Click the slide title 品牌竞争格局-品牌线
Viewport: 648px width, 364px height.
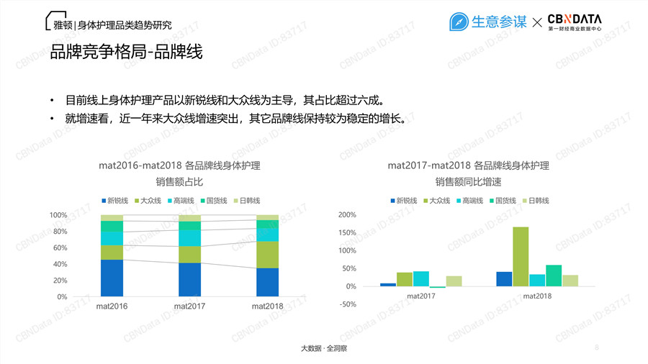[x=125, y=53]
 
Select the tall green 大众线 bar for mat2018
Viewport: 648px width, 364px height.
[x=521, y=256]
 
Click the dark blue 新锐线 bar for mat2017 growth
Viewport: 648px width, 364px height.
[x=388, y=285]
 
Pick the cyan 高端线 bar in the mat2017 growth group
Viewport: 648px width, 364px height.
[x=421, y=278]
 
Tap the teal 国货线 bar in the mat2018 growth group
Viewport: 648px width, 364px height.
[x=554, y=276]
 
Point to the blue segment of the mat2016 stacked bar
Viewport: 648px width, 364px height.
[x=112, y=278]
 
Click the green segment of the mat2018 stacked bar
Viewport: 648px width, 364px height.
[x=267, y=255]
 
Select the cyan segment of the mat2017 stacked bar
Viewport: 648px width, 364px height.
[x=189, y=238]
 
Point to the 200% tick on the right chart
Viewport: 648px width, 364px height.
[x=347, y=214]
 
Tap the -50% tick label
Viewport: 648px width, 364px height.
[x=348, y=304]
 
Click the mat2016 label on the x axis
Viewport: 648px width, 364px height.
[x=112, y=306]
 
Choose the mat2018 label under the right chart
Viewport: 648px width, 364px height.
[x=537, y=296]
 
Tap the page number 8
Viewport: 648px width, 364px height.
[x=597, y=348]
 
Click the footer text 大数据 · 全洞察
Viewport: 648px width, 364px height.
[x=324, y=348]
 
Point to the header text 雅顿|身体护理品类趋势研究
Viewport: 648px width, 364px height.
[x=113, y=24]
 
